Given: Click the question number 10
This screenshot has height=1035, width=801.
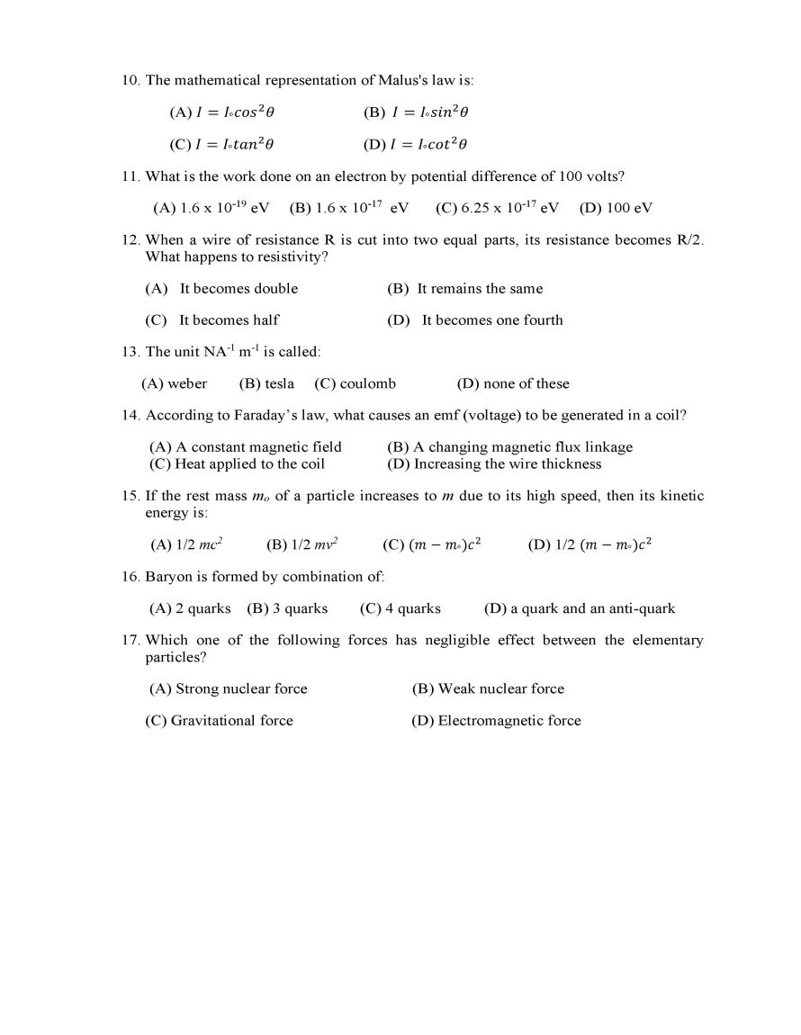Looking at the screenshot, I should click(x=130, y=81).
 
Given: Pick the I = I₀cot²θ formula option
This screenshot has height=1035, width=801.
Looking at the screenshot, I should click(x=416, y=144).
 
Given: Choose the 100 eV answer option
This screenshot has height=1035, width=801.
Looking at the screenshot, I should click(x=616, y=208).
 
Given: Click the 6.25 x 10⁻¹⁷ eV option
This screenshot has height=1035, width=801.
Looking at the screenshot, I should click(x=498, y=208).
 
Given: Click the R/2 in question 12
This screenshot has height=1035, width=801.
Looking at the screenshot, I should click(x=690, y=240).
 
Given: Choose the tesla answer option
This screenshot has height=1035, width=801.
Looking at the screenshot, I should click(x=266, y=384).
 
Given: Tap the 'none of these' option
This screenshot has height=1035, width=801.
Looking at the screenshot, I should click(x=513, y=384).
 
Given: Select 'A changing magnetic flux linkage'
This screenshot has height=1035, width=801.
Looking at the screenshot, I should click(x=509, y=447).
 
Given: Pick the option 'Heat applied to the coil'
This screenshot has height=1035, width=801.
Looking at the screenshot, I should click(x=237, y=464).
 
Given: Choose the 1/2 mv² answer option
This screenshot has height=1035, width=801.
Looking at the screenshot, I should click(x=302, y=544).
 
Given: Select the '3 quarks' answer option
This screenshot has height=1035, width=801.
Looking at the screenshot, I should click(x=288, y=609).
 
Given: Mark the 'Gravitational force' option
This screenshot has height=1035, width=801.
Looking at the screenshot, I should click(x=219, y=721).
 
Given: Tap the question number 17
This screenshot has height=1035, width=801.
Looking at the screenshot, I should click(x=130, y=641).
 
